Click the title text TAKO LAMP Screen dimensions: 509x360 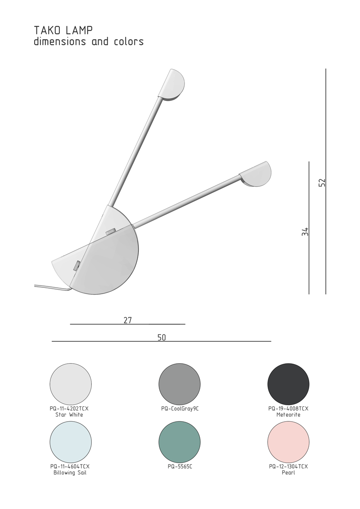coord(63,31)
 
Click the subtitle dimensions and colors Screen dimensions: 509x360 coord(89,42)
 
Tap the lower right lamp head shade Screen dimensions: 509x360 coord(256,174)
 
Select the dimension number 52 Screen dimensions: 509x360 coord(321,183)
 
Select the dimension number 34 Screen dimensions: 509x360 coord(305,232)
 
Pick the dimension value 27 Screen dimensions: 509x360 coord(127,320)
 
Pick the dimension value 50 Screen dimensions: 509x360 coord(162,338)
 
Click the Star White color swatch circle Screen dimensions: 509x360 coord(71,384)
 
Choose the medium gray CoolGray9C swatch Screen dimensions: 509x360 coord(180,384)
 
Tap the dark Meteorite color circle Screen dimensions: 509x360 coord(288,384)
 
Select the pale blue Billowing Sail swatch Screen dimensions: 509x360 coord(71,442)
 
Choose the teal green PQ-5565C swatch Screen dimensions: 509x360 coord(180,442)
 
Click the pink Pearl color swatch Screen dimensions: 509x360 coord(288,442)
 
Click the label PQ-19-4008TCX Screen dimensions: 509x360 coord(288,409)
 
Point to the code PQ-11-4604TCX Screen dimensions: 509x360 coord(70,467)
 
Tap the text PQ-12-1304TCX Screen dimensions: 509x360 coord(288,467)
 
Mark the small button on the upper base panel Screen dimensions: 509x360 coord(110,232)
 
